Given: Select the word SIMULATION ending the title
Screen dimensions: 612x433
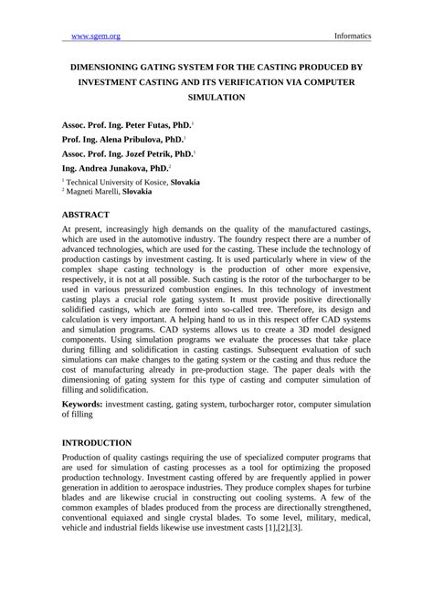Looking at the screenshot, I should [x=216, y=95].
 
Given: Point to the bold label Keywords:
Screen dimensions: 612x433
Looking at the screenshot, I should [x=81, y=403].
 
